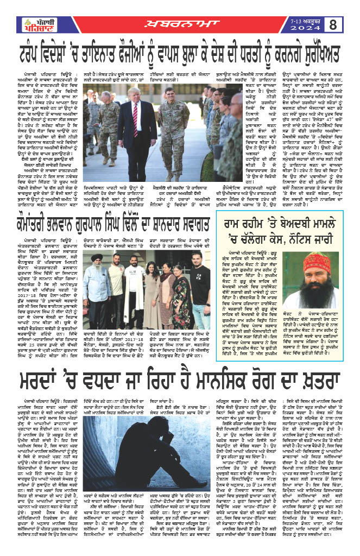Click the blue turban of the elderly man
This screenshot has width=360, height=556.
[x=97, y=257]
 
